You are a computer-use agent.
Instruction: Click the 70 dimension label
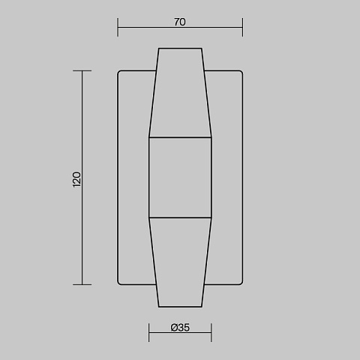click(180, 22)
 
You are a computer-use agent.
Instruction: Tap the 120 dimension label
click(76, 179)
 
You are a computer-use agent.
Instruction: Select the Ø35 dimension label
click(180, 328)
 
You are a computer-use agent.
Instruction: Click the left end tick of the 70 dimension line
click(118, 27)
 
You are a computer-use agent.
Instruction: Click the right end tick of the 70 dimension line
click(242, 27)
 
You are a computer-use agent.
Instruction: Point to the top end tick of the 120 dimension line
click(82, 71)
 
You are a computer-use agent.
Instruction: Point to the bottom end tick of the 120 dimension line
click(82, 284)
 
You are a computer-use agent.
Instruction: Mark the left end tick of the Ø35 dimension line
click(148, 332)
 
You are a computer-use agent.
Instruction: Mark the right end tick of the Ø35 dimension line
click(211, 332)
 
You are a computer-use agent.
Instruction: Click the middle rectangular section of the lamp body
click(180, 178)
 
